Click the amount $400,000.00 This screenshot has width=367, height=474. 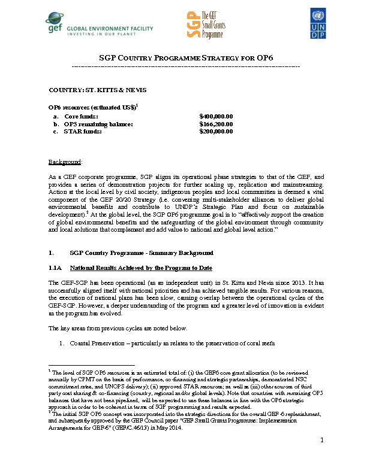[x=216, y=116]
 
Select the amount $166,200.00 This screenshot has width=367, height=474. [x=216, y=124]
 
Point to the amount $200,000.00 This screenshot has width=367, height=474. [x=216, y=132]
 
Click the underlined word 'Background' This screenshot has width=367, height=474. [x=64, y=162]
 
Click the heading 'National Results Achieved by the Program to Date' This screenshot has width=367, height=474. [x=140, y=268]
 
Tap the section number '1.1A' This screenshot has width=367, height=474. [x=55, y=268]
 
